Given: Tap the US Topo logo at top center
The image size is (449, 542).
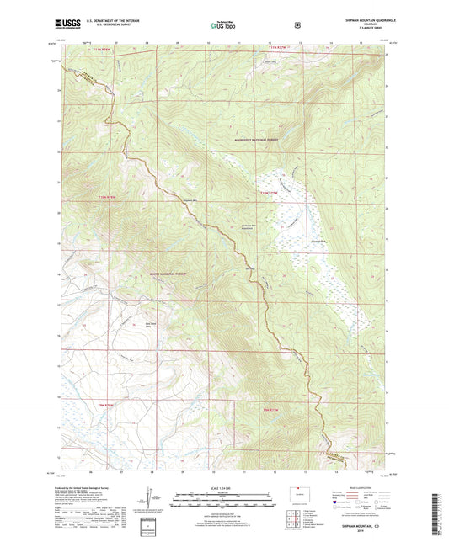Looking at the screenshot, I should point(223,26).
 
